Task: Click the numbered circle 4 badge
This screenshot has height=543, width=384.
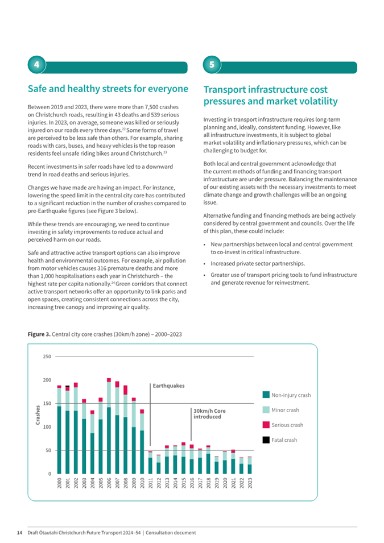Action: (37, 65)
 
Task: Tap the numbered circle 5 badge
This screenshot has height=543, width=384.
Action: (212, 65)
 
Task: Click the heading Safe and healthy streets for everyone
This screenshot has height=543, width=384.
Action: (108, 89)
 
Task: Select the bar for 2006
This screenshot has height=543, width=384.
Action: (109, 426)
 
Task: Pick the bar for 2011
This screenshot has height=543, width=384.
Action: (150, 462)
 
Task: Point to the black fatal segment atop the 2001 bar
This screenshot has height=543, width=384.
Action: (68, 387)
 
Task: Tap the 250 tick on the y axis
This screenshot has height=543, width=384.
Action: (47, 357)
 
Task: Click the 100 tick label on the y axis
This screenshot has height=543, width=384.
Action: (47, 427)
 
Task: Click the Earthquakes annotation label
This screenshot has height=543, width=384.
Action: (169, 386)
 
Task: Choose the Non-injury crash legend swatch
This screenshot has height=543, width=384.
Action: (266, 395)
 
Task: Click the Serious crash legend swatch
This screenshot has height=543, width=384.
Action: (266, 425)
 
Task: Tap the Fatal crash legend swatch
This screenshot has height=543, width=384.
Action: (266, 440)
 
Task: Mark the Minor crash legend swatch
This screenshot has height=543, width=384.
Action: (266, 410)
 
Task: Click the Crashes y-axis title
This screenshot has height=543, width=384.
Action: (38, 415)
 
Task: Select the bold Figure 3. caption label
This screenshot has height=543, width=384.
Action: (39, 334)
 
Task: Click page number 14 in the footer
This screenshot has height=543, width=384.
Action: (19, 533)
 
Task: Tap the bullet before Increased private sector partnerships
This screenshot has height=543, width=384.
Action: (204, 264)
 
